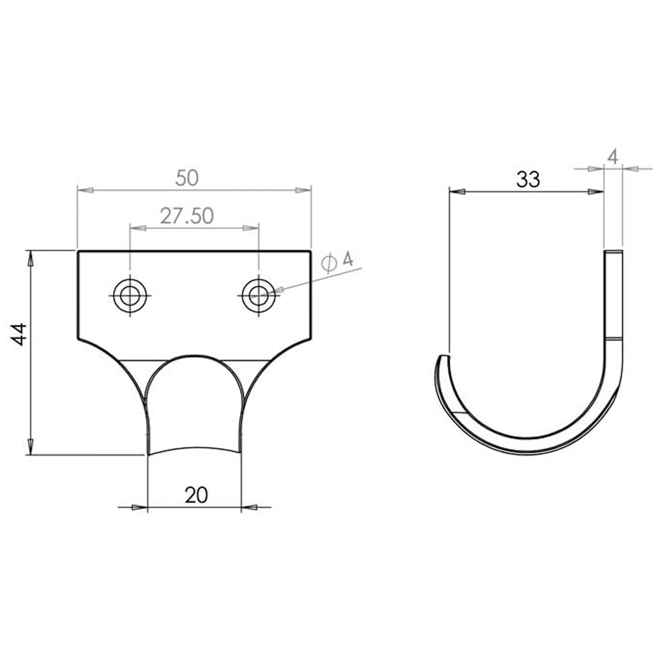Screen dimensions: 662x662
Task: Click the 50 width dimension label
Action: [x=187, y=178]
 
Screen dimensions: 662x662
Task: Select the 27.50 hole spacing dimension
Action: [x=187, y=216]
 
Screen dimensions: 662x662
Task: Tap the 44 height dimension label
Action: [x=19, y=334]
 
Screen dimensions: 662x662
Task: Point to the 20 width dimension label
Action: [x=196, y=495]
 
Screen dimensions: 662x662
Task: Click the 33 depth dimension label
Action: [x=528, y=179]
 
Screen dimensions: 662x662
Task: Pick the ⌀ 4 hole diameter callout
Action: [x=337, y=262]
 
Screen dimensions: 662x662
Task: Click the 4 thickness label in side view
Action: [x=613, y=157]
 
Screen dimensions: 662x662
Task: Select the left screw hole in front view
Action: [x=130, y=296]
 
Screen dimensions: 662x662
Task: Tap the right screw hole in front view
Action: [x=259, y=296]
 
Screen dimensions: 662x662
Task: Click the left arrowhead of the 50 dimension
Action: [x=86, y=190]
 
